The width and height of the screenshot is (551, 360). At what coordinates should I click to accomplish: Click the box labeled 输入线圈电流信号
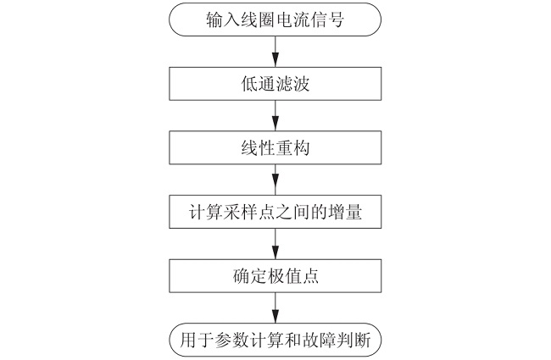pos(276,20)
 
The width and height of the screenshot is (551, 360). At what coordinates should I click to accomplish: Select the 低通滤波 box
pos(276,84)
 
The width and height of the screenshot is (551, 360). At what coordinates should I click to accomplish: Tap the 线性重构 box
pos(276,148)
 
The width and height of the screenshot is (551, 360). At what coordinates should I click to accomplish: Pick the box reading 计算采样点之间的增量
pos(276,212)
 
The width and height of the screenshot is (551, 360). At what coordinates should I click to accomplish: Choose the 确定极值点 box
pos(276,275)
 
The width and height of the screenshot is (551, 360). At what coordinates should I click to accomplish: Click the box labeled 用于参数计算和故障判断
pos(276,340)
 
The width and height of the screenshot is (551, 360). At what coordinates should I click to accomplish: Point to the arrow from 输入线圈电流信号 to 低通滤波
pos(276,52)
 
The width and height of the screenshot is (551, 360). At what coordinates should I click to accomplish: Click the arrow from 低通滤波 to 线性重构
pos(276,116)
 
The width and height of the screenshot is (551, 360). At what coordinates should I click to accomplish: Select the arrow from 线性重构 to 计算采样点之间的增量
pos(276,180)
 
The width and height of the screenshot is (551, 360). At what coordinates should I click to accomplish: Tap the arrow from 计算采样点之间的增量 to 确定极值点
pos(276,244)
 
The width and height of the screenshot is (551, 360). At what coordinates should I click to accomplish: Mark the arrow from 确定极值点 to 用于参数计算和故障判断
pos(276,307)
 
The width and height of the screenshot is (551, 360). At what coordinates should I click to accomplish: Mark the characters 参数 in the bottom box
pos(223,340)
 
